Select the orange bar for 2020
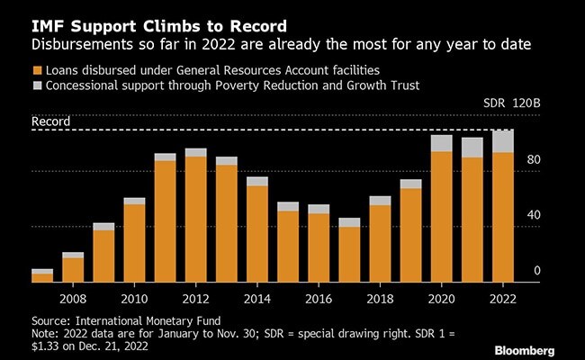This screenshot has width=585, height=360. click(441, 216)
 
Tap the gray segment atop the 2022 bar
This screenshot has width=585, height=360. click(502, 141)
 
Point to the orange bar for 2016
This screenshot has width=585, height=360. click(319, 247)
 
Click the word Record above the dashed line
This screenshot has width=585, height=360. click(50, 121)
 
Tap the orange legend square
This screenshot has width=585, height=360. click(37, 70)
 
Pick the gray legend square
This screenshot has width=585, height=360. click(37, 85)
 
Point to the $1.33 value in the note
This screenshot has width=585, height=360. click(49, 346)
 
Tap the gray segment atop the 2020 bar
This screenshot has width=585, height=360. click(441, 143)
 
